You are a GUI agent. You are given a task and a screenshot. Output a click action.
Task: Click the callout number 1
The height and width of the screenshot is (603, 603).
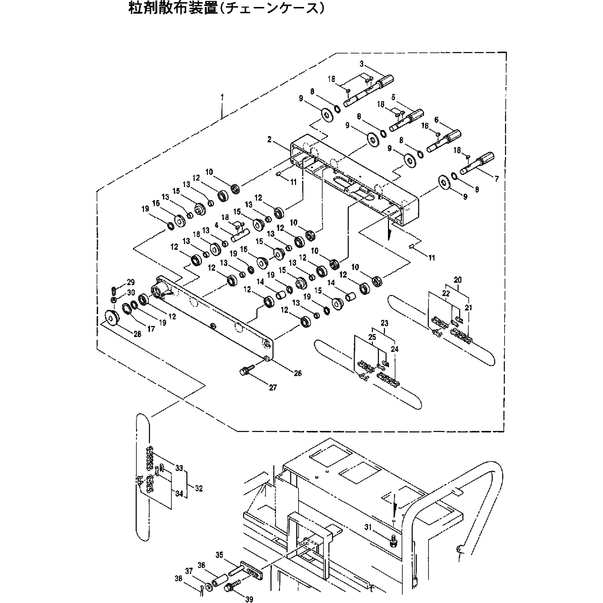[222, 97]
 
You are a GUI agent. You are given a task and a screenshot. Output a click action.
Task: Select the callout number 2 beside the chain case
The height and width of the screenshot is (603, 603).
[269, 139]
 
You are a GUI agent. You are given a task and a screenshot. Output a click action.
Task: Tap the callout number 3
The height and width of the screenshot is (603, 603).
[361, 64]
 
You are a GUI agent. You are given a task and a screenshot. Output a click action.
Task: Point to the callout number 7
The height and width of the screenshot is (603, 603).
[496, 179]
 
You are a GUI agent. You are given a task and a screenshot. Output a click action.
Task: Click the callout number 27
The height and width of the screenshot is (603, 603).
[273, 388]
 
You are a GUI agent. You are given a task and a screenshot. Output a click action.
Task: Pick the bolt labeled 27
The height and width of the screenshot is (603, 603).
[244, 371]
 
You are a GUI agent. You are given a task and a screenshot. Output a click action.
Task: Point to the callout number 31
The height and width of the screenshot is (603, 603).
[368, 527]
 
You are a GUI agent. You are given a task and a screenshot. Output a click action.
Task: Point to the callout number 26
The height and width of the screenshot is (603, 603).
[298, 373]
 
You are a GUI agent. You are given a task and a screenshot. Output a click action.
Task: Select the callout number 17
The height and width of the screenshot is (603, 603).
[151, 329]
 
